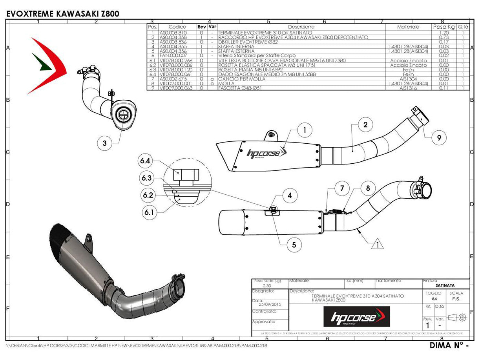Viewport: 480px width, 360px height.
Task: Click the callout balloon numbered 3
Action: point(104,143)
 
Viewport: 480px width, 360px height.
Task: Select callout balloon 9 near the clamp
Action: point(439,137)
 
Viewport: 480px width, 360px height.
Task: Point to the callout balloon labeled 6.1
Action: point(149,212)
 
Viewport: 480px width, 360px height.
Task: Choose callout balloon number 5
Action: point(294,245)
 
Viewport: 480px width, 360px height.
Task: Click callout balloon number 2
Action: point(365,125)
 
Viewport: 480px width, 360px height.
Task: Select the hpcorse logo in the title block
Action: point(356,316)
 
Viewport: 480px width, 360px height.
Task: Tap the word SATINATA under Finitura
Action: point(445,285)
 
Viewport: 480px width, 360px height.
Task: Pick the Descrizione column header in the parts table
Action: point(301,27)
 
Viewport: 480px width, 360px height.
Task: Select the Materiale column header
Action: point(408,27)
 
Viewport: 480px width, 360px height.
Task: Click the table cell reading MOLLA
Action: point(225,84)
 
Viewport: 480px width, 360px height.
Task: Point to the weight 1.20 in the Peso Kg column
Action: point(444,33)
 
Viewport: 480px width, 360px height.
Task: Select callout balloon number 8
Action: point(368,188)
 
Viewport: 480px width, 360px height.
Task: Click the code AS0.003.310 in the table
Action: point(173,33)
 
